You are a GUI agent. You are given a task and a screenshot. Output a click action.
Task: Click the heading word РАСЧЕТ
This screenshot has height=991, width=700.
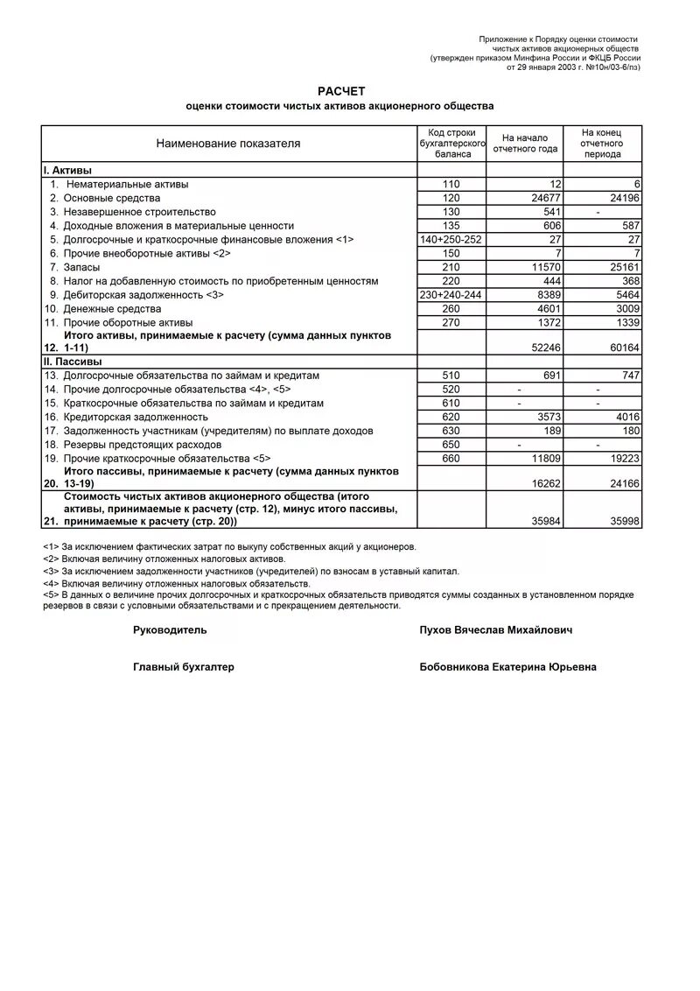pyautogui.click(x=340, y=91)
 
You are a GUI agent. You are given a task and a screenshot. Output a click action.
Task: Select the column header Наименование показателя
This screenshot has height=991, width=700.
pyautogui.click(x=227, y=144)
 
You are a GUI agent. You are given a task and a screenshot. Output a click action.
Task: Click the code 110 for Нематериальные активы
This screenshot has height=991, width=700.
pyautogui.click(x=451, y=184)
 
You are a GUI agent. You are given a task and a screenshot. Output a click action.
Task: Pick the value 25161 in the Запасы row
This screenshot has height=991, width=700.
pyautogui.click(x=623, y=266)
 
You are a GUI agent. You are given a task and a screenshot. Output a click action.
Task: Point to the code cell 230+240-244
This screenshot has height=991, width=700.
pyautogui.click(x=451, y=295)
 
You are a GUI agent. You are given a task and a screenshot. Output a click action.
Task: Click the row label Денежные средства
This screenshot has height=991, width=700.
pyautogui.click(x=112, y=309)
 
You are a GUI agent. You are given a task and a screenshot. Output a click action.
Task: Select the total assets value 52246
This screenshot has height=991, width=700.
pyautogui.click(x=547, y=348)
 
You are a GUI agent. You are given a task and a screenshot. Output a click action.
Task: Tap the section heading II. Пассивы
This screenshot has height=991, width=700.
pyautogui.click(x=73, y=361)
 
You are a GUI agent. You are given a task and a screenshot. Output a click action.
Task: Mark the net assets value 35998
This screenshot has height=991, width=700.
pyautogui.click(x=623, y=521)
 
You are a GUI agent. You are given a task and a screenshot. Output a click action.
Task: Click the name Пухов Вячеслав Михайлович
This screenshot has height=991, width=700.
pyautogui.click(x=496, y=629)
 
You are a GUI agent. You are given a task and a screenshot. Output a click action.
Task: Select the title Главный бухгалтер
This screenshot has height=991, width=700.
pyautogui.click(x=184, y=667)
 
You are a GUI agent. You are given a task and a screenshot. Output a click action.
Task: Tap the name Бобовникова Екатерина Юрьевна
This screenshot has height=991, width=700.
pyautogui.click(x=508, y=667)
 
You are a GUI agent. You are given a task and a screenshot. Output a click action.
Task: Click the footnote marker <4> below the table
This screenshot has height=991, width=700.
pyautogui.click(x=50, y=583)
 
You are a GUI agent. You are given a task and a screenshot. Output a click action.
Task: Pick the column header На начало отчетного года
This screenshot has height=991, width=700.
pyautogui.click(x=524, y=144)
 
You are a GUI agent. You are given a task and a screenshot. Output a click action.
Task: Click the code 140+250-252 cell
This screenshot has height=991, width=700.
pyautogui.click(x=451, y=239)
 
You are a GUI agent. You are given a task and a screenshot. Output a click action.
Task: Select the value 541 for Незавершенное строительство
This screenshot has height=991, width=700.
pyautogui.click(x=552, y=212)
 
